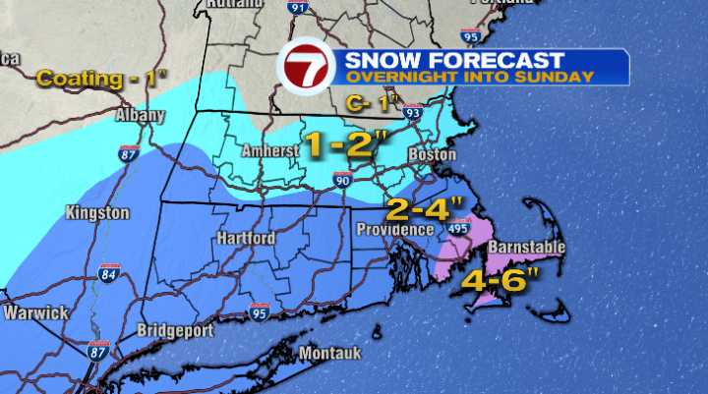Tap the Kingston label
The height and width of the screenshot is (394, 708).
[x=97, y=212]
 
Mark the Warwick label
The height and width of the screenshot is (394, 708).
[x=35, y=312]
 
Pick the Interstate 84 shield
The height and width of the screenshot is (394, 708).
[x=108, y=273]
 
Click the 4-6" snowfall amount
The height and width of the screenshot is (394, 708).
[x=501, y=278]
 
